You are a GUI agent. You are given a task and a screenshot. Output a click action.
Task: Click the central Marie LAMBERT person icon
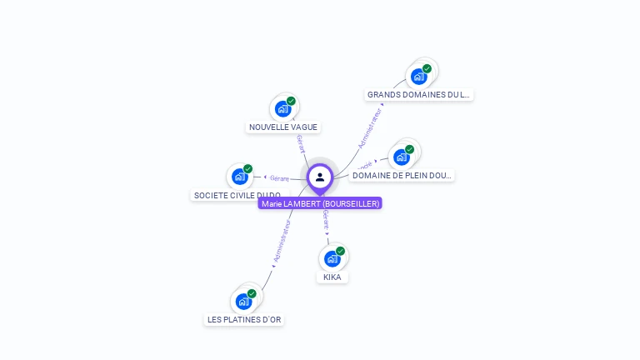(320, 177)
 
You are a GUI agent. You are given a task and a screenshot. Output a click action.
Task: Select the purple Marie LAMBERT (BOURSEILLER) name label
(320, 203)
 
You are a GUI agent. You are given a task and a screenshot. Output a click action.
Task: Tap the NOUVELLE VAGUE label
(283, 127)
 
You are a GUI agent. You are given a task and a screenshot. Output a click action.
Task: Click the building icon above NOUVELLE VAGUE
(283, 108)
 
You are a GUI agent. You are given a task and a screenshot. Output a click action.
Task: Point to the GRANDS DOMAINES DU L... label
(419, 95)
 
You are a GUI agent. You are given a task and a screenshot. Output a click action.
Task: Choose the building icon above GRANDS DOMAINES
(419, 77)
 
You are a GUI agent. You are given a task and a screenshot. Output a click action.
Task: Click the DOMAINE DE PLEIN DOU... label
(402, 176)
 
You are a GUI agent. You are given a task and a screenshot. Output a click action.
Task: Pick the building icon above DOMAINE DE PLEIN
(402, 157)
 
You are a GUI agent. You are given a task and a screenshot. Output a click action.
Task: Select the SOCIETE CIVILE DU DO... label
(237, 195)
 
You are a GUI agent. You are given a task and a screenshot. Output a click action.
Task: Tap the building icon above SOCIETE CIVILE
(240, 177)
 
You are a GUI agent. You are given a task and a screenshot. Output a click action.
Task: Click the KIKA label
(332, 277)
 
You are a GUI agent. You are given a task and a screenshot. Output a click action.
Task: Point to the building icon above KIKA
(332, 258)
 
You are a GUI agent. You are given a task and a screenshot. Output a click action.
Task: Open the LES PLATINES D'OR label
(244, 319)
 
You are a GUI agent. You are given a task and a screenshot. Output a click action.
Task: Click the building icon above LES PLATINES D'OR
(243, 301)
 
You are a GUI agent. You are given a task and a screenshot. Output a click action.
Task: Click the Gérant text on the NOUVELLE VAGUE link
(300, 143)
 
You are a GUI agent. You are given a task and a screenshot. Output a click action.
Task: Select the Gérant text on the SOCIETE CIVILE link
(278, 177)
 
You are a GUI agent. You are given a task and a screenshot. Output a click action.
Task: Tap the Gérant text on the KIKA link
(326, 220)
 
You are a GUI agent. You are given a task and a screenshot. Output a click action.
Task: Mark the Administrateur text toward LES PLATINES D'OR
(282, 242)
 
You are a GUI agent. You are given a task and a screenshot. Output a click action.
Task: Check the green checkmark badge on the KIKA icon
(340, 251)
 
